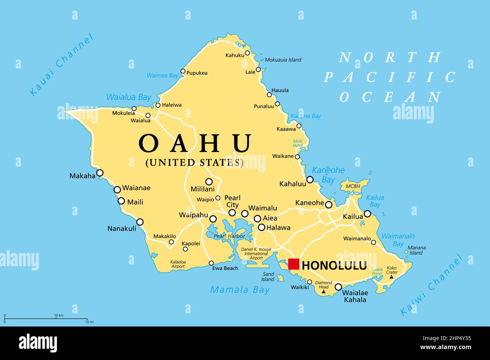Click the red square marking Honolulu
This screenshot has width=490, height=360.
(293, 264)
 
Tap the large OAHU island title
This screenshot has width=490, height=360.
(195, 143)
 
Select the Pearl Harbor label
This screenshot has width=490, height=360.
(229, 236)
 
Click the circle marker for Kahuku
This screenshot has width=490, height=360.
(247, 53)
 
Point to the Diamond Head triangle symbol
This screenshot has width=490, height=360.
(323, 291)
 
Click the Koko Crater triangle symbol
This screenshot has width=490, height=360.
(392, 277)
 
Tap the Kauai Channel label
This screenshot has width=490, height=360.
(61, 65)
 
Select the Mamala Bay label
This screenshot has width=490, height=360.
(240, 290)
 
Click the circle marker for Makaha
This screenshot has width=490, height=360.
(100, 173)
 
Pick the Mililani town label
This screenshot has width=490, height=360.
(202, 189)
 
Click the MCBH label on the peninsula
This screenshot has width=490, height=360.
(353, 186)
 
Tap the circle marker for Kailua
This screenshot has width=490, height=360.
(367, 214)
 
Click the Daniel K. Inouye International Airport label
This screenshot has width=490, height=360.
(256, 254)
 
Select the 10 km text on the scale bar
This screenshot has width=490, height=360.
(59, 315)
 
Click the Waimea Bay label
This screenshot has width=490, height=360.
(162, 76)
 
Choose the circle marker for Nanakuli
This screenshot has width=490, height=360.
(140, 222)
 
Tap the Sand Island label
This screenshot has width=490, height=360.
(268, 277)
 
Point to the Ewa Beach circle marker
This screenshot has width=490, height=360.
(211, 263)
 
